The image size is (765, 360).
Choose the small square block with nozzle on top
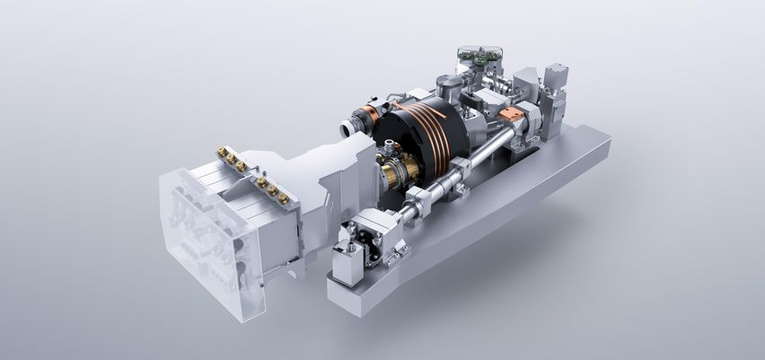click(348, 259)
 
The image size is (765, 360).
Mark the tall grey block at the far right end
click(555, 90)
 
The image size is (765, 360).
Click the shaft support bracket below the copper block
click(525, 135)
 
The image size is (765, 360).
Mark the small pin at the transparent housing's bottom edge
click(261, 286)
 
